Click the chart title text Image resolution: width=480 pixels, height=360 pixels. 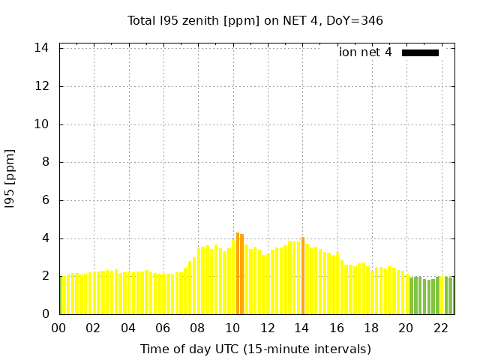(255, 21)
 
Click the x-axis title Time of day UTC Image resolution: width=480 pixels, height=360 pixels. (255, 349)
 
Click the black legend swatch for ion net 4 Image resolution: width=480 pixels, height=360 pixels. (420, 52)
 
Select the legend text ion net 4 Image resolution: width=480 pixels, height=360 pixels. (365, 52)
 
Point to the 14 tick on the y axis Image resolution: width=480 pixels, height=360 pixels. (42, 48)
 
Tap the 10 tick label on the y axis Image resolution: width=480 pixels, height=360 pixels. (42, 124)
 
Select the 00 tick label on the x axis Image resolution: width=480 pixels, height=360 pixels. (59, 328)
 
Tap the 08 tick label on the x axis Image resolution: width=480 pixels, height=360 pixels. (198, 328)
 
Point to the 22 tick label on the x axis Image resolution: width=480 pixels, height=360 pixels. (441, 328)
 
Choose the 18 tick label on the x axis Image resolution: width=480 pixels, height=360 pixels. (371, 328)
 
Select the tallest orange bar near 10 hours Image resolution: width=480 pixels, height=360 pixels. (238, 273)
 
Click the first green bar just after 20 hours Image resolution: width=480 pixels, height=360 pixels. (412, 295)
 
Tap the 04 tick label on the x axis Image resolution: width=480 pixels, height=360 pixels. (128, 328)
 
